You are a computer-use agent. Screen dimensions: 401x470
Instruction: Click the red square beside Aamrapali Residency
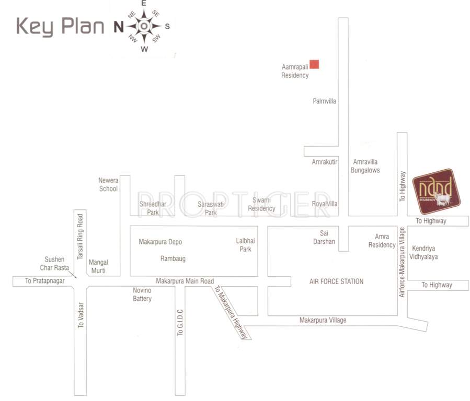pos(314,65)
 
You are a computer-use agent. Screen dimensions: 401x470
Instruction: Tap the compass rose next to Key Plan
pos(145,26)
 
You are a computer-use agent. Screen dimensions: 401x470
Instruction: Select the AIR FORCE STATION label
pos(336,281)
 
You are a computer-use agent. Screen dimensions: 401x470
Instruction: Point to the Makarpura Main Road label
pos(185,281)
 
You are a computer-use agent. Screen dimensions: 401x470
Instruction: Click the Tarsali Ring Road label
pos(80,236)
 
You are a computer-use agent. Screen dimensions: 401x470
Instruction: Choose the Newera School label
pos(108,184)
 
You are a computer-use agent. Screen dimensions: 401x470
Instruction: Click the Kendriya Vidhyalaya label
pos(425,252)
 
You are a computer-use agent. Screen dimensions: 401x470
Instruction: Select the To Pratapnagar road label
pos(44,281)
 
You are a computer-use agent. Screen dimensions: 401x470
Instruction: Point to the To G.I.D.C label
pos(180,322)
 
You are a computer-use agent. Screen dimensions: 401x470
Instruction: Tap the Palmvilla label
pos(324,101)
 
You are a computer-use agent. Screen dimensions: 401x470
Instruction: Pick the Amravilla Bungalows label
pos(365,166)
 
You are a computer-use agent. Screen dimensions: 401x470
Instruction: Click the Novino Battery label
pos(142,294)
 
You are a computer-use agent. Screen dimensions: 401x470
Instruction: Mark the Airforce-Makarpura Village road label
pos(402,262)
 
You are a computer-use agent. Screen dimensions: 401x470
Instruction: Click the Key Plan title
pos(60,26)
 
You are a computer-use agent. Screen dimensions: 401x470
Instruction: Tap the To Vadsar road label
pos(81,315)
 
